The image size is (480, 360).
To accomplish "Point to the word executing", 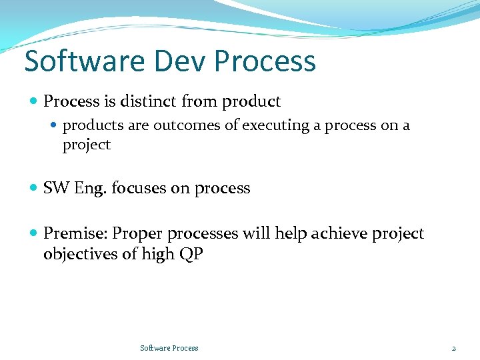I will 276,125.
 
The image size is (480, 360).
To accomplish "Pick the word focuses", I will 139,189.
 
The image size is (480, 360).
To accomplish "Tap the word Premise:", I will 75,234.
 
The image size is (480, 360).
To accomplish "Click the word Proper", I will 138,234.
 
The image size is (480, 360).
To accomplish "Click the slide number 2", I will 453,348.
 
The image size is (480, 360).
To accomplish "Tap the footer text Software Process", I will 169,348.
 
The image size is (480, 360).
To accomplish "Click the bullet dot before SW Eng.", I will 34,189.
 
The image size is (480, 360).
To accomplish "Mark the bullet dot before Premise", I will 34,234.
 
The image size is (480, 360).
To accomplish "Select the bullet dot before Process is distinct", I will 34,102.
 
